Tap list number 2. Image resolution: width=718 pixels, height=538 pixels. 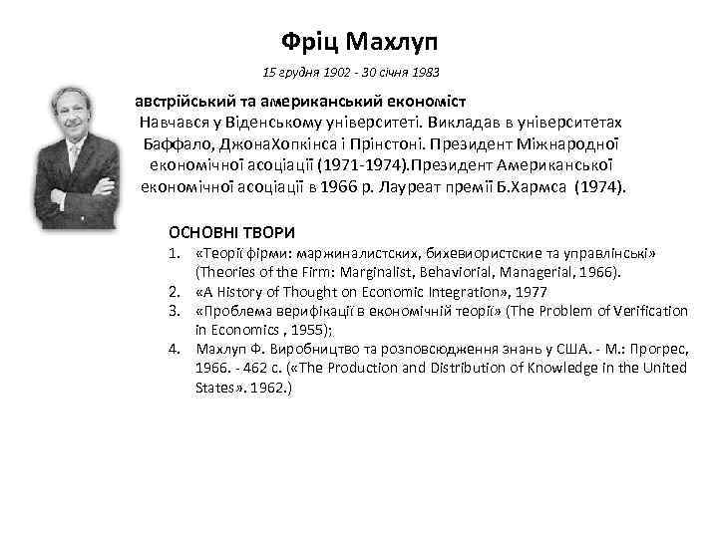click(174, 293)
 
